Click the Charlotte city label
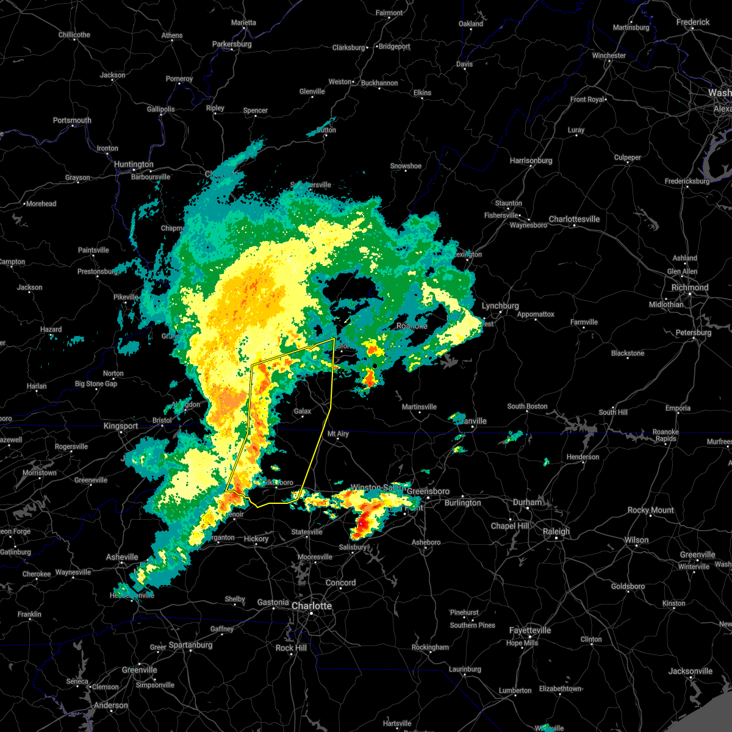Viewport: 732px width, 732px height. point(312,606)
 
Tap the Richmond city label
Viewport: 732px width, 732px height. point(690,287)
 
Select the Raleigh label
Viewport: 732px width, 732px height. point(556,531)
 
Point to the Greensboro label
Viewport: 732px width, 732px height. point(428,491)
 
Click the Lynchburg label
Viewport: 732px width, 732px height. point(500,306)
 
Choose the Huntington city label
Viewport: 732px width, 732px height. point(134,164)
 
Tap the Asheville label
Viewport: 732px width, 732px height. point(122,557)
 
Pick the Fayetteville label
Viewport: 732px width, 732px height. point(531,630)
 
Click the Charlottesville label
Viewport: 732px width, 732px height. point(574,219)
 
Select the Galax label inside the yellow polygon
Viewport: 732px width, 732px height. point(303,412)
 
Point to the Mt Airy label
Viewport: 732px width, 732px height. point(338,434)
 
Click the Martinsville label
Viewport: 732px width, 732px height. point(419,407)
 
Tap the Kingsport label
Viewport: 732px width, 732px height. point(121,426)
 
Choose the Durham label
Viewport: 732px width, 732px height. point(527,502)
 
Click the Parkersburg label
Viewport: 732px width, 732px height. point(232,44)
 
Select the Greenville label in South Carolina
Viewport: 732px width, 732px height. point(139,670)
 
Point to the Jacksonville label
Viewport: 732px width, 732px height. point(690,671)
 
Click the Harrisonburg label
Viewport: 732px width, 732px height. point(531,160)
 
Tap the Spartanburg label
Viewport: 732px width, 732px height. point(190,645)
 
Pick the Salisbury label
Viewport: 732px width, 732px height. point(353,547)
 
